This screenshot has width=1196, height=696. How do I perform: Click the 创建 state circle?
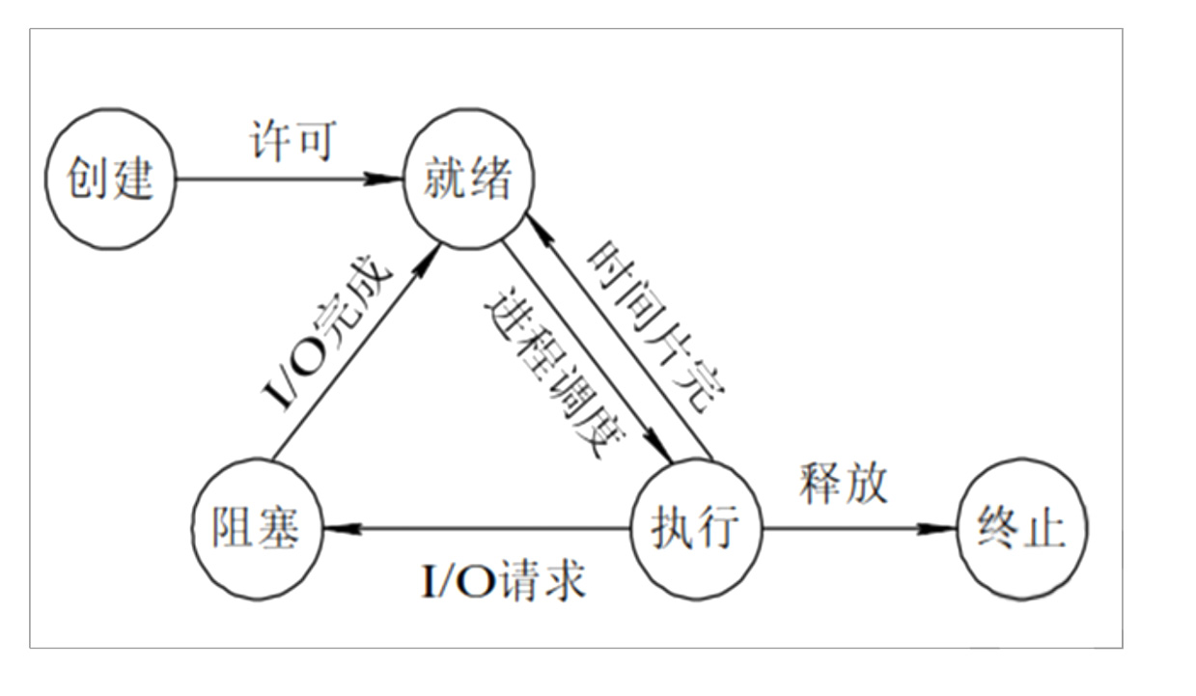click(110, 179)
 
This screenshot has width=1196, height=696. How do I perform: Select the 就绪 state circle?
click(468, 179)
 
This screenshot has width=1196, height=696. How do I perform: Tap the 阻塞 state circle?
click(256, 529)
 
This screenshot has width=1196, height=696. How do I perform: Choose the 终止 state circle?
click(1021, 529)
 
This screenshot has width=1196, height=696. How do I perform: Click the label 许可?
click(290, 141)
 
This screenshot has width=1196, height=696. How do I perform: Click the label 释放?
click(843, 483)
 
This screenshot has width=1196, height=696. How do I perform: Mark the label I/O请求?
click(504, 580)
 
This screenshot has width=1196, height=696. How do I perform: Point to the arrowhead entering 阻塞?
click(338, 529)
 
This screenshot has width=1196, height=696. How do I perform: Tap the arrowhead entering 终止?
click(940, 529)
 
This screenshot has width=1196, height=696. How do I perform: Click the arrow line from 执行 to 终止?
click(849, 529)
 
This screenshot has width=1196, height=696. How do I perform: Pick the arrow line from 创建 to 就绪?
click(280, 179)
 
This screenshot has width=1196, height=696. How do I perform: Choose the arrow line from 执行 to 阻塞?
click(483, 529)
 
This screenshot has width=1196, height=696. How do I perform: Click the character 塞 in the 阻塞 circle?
click(280, 529)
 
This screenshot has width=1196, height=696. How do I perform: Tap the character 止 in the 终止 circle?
click(1045, 529)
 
